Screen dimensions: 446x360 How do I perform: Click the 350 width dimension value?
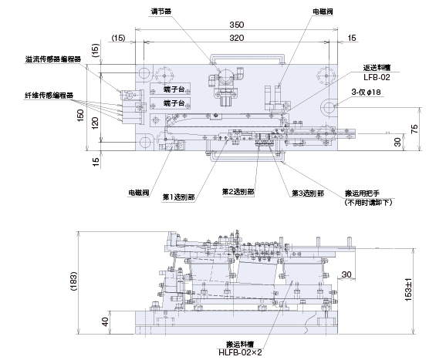[237, 25]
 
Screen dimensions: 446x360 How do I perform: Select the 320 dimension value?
[237, 38]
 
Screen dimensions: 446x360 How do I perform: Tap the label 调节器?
[160, 12]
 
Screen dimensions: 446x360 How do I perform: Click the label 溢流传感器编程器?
[53, 59]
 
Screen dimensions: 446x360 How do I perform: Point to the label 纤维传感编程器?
[49, 96]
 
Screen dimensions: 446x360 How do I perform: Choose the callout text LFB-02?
[377, 77]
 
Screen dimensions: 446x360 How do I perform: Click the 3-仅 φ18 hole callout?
[366, 92]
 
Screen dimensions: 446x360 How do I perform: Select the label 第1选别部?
[178, 197]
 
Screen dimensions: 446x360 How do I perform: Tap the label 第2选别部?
[238, 192]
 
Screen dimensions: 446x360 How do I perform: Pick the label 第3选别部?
[308, 193]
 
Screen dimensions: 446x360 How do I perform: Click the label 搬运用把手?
[362, 193]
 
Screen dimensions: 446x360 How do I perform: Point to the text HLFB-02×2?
[240, 352]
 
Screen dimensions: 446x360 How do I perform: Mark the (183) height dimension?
[74, 281]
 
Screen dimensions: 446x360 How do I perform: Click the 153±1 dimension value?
[408, 290]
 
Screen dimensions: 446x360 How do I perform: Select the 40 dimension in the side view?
[105, 321]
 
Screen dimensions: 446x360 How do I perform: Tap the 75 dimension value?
[414, 129]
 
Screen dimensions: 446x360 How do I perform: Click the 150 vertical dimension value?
[80, 116]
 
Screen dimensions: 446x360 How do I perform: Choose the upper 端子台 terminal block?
[171, 89]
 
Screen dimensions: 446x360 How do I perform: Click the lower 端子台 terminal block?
[171, 103]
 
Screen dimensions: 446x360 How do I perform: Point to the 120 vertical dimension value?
[95, 123]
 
